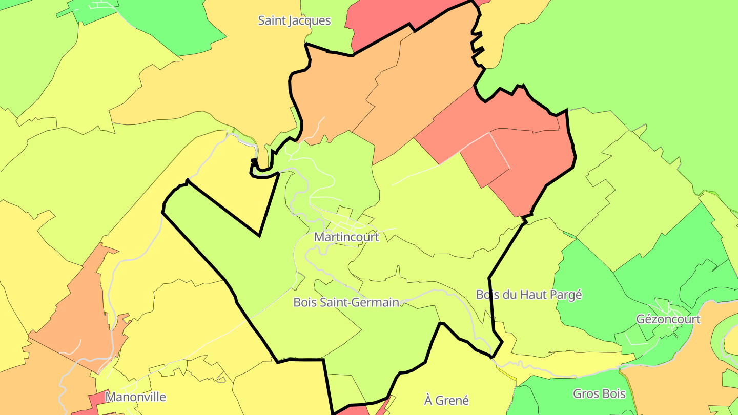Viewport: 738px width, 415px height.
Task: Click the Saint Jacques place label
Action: [x=294, y=21]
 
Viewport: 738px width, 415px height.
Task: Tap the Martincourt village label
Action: [x=346, y=237]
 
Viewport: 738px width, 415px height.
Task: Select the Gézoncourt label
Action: [x=668, y=319]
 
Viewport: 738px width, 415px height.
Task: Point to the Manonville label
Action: [x=135, y=397]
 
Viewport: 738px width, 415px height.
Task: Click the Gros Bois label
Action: [x=599, y=394]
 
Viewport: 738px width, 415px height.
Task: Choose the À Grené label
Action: [x=446, y=400]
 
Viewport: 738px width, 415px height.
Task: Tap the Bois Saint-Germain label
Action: [x=346, y=302]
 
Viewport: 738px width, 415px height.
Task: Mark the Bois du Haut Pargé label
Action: [x=529, y=295]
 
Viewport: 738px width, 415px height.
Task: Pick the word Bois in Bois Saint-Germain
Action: [x=304, y=302]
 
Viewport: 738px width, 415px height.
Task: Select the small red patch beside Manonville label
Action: [x=97, y=400]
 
